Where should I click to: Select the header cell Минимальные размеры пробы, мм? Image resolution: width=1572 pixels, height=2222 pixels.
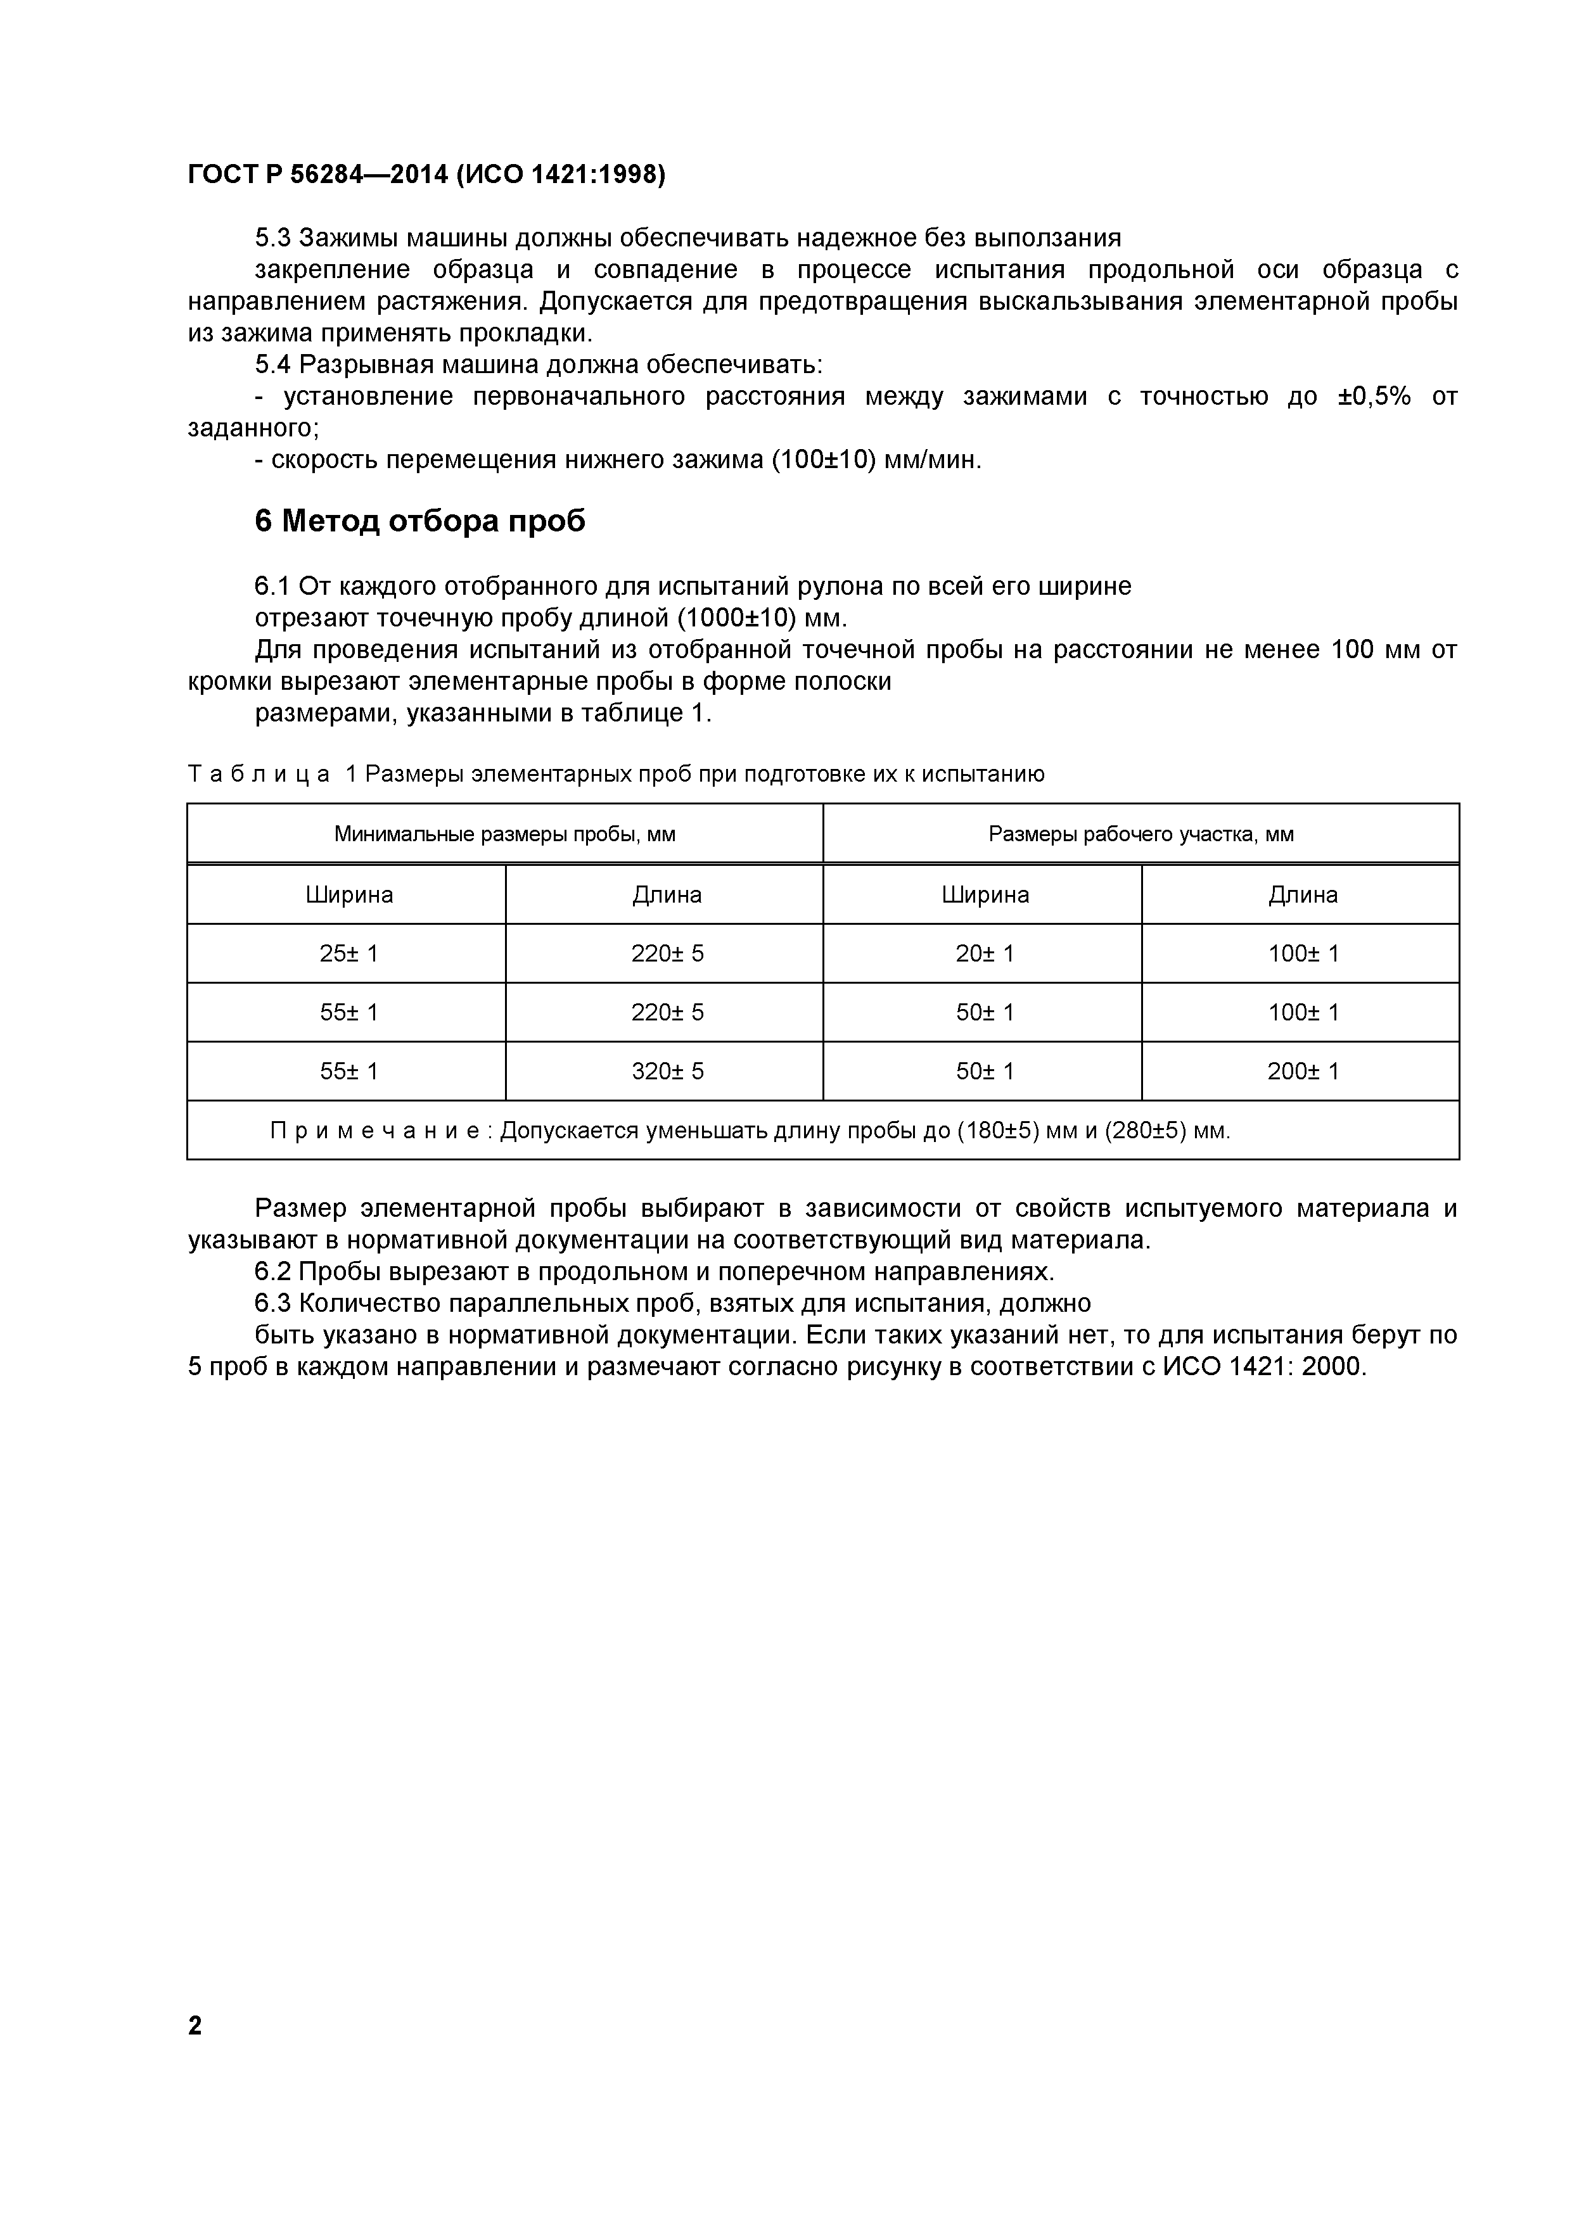(x=504, y=834)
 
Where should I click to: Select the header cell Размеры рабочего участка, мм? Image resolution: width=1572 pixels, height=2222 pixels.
(x=1141, y=834)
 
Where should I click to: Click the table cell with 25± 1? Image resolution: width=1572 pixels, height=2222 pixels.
(x=348, y=954)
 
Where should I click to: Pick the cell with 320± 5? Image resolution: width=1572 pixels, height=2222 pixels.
(x=667, y=1071)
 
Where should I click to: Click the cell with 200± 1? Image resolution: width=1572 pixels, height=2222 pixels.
(x=1303, y=1071)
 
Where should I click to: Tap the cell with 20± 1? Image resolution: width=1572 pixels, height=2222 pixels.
(x=985, y=954)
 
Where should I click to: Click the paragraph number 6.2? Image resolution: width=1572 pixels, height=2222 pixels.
(x=273, y=1271)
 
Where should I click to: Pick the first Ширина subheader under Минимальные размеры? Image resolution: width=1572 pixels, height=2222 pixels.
(x=348, y=895)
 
